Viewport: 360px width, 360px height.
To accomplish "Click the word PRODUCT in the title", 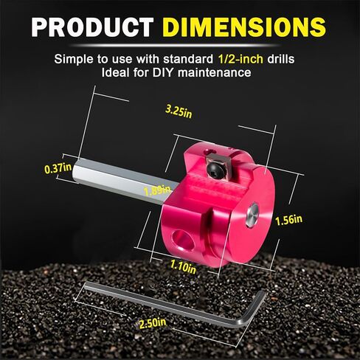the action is pos(92,27).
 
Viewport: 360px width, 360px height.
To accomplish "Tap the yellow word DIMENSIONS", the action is pos(244,27).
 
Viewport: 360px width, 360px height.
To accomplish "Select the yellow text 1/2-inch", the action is pos(240,59).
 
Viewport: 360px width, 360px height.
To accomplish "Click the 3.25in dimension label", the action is pos(179,112).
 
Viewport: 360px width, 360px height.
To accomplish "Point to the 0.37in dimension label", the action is pos(58,169).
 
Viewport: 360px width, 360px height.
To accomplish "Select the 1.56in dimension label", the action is pos(288,220).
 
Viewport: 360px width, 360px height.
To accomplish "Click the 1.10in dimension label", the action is pos(183,267).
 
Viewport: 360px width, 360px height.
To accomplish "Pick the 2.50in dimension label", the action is pos(153,323).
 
